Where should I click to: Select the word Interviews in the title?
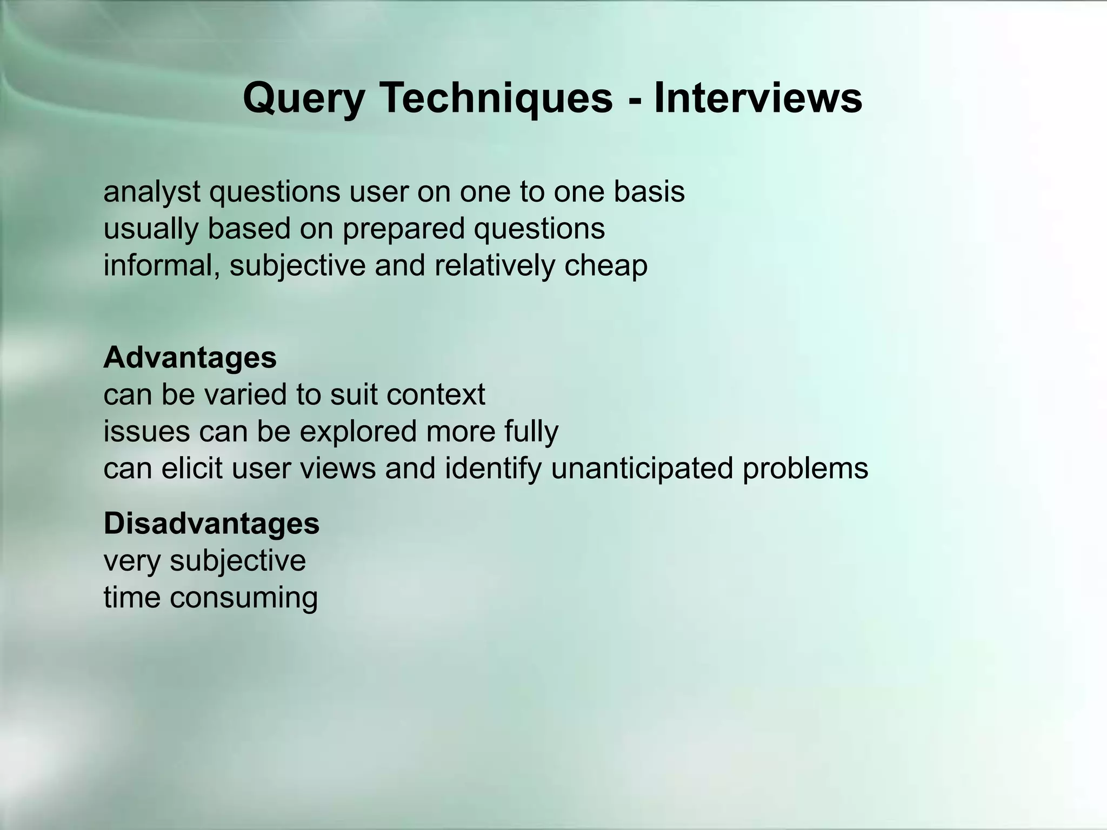[x=758, y=99]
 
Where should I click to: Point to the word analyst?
[x=152, y=192]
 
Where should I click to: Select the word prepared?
[x=403, y=229]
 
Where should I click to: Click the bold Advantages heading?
[x=190, y=358]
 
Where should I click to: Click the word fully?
[x=531, y=432]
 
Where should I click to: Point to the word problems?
[x=805, y=468]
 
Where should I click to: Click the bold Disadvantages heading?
[x=211, y=524]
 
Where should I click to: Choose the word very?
[x=132, y=561]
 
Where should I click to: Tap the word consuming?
[x=243, y=598]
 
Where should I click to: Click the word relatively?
[x=494, y=266]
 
